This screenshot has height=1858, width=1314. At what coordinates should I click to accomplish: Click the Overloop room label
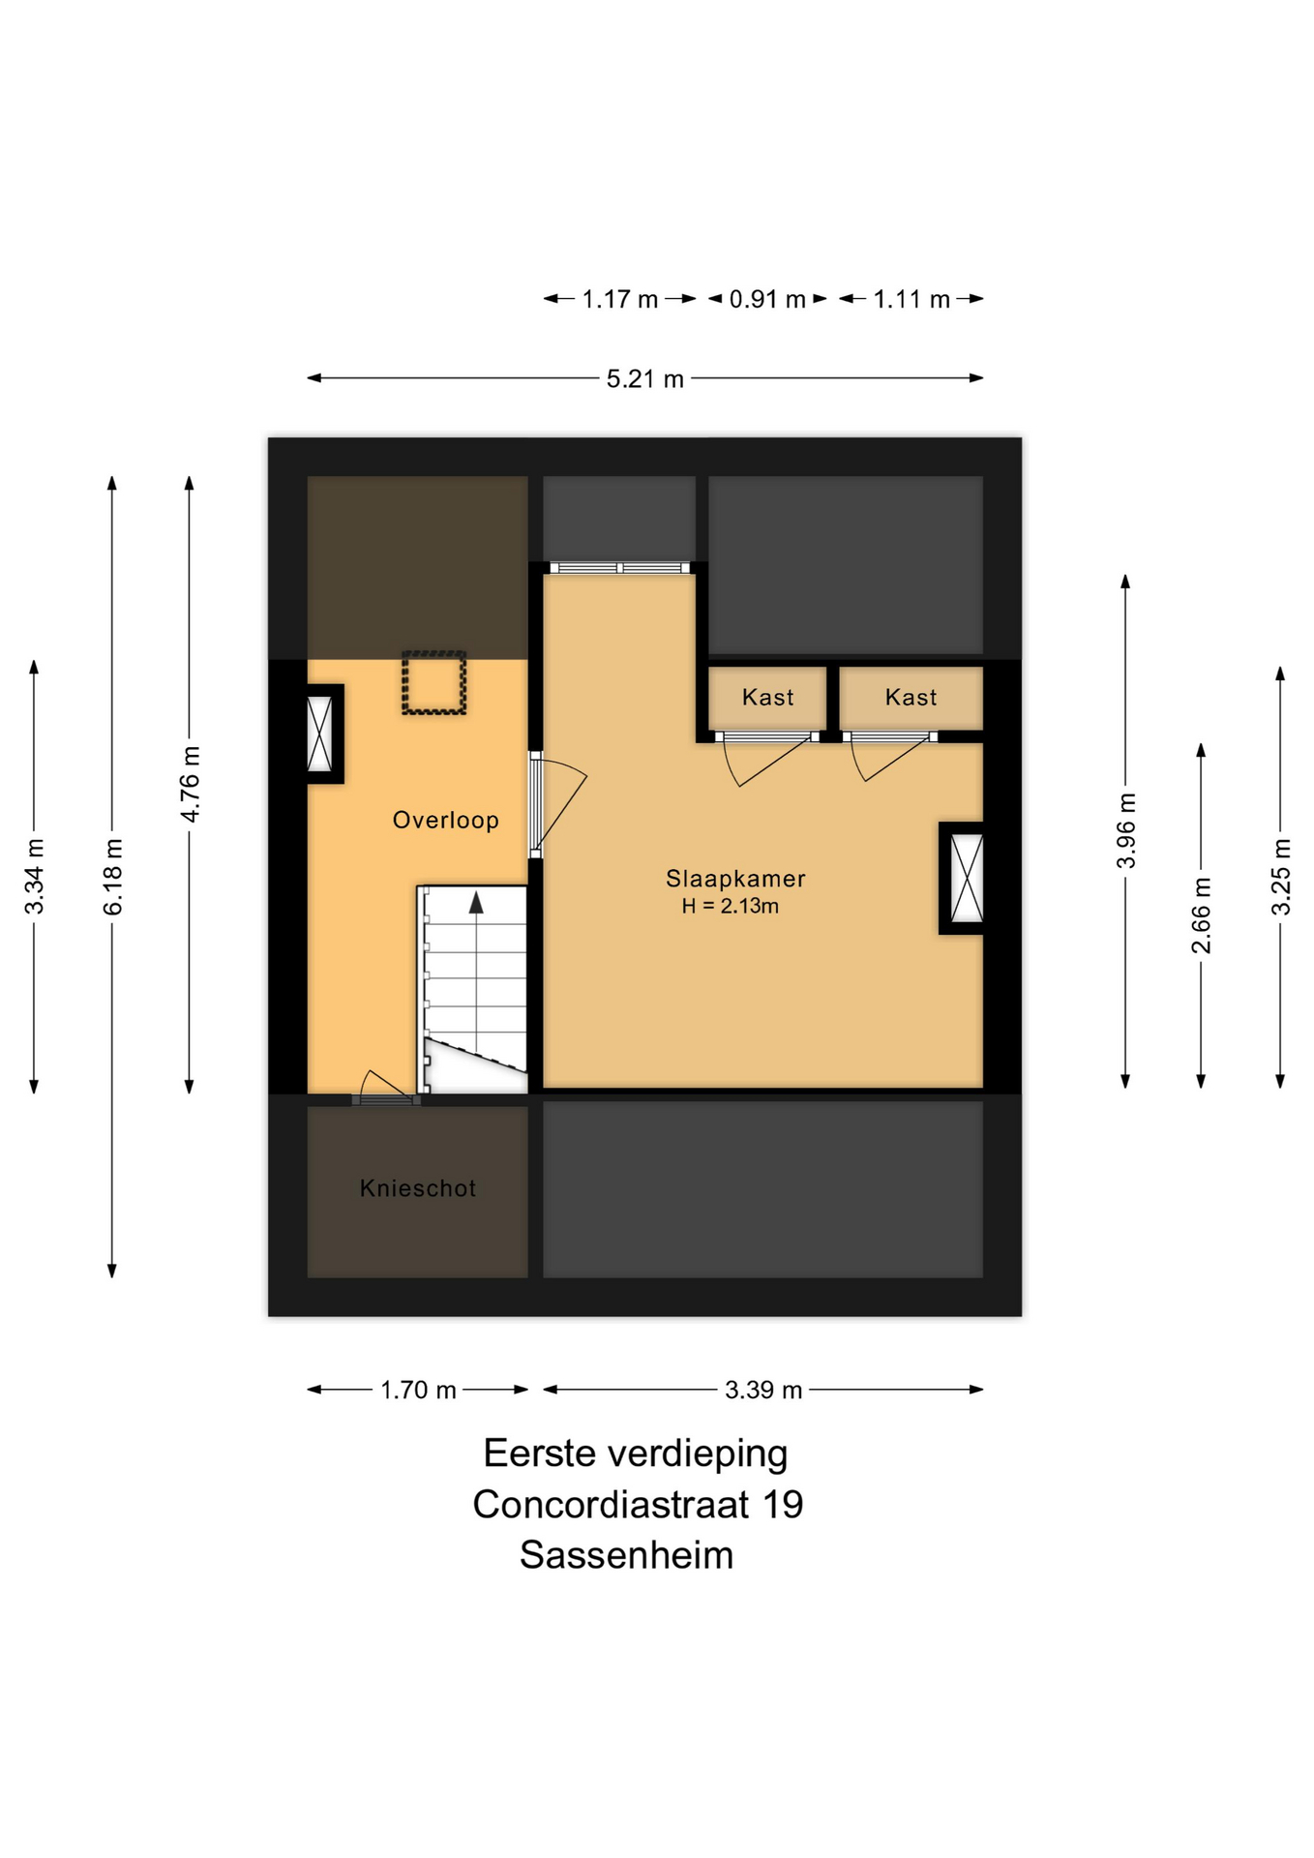coord(445,821)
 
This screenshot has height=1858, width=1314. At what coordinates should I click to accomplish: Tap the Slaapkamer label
coord(735,879)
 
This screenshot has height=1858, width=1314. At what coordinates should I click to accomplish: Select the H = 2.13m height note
coord(731,907)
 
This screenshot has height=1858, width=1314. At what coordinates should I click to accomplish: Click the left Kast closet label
coord(767,698)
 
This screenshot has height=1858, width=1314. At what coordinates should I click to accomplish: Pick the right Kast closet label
coord(911,698)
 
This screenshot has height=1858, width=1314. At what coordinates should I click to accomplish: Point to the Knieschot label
coord(418,1188)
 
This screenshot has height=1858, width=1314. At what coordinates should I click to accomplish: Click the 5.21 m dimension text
coord(645,379)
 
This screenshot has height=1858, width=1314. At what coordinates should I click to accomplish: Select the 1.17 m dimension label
coord(619,300)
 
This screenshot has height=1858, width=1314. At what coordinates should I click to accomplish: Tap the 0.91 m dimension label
coord(767,300)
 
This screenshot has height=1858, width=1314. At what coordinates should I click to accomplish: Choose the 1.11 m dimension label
coord(911,300)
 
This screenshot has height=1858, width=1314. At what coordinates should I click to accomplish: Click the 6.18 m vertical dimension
coord(113,877)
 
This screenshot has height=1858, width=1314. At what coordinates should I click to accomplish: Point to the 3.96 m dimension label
coord(1126,830)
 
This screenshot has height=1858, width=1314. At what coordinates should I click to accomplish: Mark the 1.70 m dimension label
coord(418,1391)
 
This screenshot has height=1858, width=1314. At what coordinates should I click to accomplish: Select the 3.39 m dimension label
coord(763,1391)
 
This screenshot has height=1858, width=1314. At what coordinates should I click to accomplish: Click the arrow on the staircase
coord(476,903)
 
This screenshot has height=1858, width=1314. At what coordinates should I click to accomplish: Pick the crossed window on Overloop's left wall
coord(319,734)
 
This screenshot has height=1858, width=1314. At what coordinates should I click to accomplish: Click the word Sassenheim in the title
coord(626,1555)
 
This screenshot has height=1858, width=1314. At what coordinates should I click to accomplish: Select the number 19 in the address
coord(783,1505)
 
